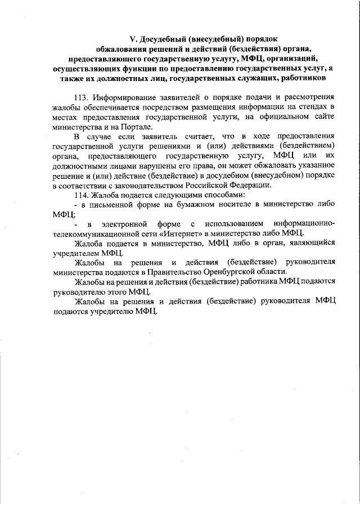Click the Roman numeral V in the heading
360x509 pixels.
[x=132, y=39]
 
